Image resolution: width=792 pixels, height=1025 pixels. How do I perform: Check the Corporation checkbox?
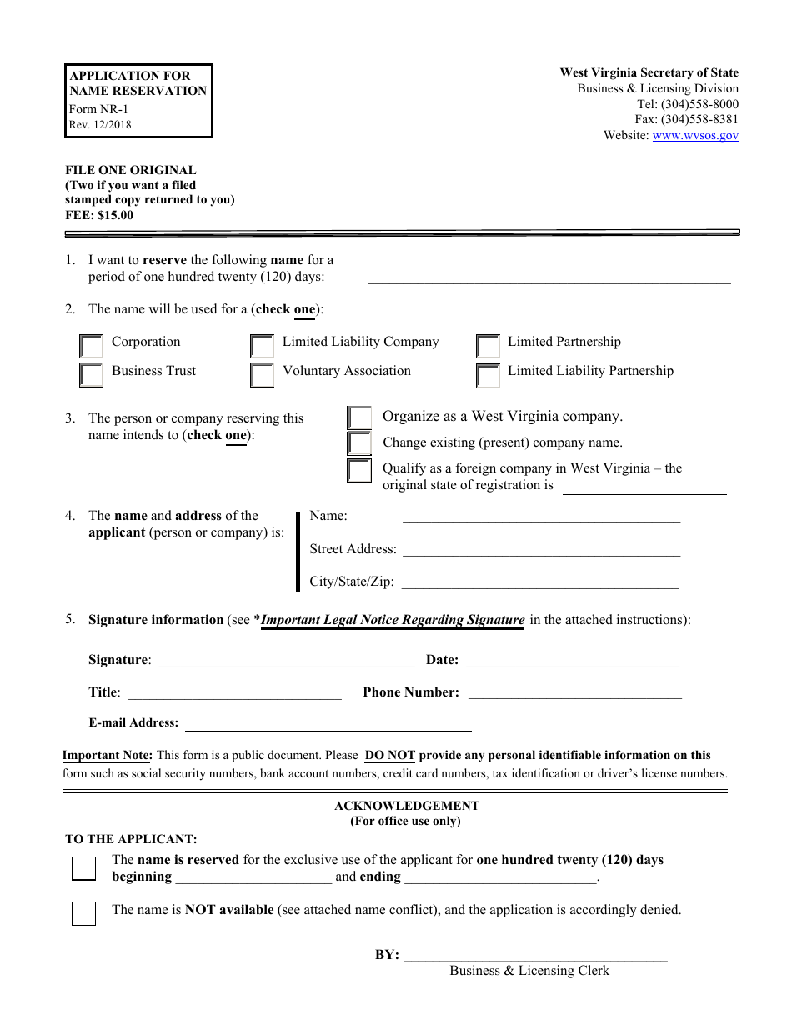pos(91,346)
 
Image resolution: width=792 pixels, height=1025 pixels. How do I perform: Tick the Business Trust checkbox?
pos(91,375)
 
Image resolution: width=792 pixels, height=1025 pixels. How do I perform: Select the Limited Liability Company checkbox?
pos(262,346)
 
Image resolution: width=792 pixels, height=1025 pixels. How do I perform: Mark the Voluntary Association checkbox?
pos(262,375)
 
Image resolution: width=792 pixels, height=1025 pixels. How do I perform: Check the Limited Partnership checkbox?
pos(488,346)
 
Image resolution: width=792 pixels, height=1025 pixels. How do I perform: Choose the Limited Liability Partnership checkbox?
pos(488,375)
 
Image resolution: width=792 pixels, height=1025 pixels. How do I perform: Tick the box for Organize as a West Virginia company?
pos(359,417)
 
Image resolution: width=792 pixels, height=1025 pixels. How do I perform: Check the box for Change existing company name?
pos(359,443)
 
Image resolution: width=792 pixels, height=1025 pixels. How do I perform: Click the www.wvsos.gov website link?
pos(695,135)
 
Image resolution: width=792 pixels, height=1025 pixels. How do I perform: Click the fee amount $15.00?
pos(115,215)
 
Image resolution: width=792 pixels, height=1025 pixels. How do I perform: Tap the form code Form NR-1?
pos(98,109)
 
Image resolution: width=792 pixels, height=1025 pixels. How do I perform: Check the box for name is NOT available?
pos(83,913)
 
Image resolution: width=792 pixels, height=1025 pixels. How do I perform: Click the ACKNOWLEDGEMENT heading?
pos(407,806)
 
